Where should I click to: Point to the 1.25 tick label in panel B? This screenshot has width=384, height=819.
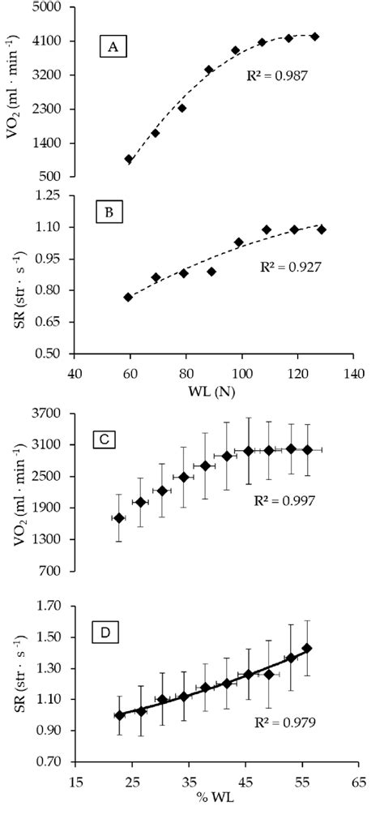(57, 195)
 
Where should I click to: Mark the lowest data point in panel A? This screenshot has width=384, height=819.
(129, 159)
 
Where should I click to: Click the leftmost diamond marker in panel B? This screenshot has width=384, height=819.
(128, 298)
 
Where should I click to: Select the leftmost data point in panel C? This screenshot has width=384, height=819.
(118, 518)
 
